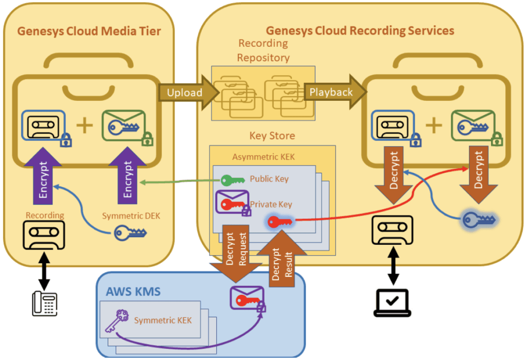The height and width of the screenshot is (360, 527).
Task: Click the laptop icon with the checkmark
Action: [x=393, y=302]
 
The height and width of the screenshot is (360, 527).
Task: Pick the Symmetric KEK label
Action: [x=163, y=320]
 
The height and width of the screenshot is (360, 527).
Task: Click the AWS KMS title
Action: [x=134, y=292]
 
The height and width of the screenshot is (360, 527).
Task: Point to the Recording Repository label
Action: [x=263, y=50]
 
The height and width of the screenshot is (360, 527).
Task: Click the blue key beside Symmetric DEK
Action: [x=130, y=232]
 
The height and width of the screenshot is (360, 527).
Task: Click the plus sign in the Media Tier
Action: [x=84, y=126]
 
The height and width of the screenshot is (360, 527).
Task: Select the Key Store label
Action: [x=272, y=136]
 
